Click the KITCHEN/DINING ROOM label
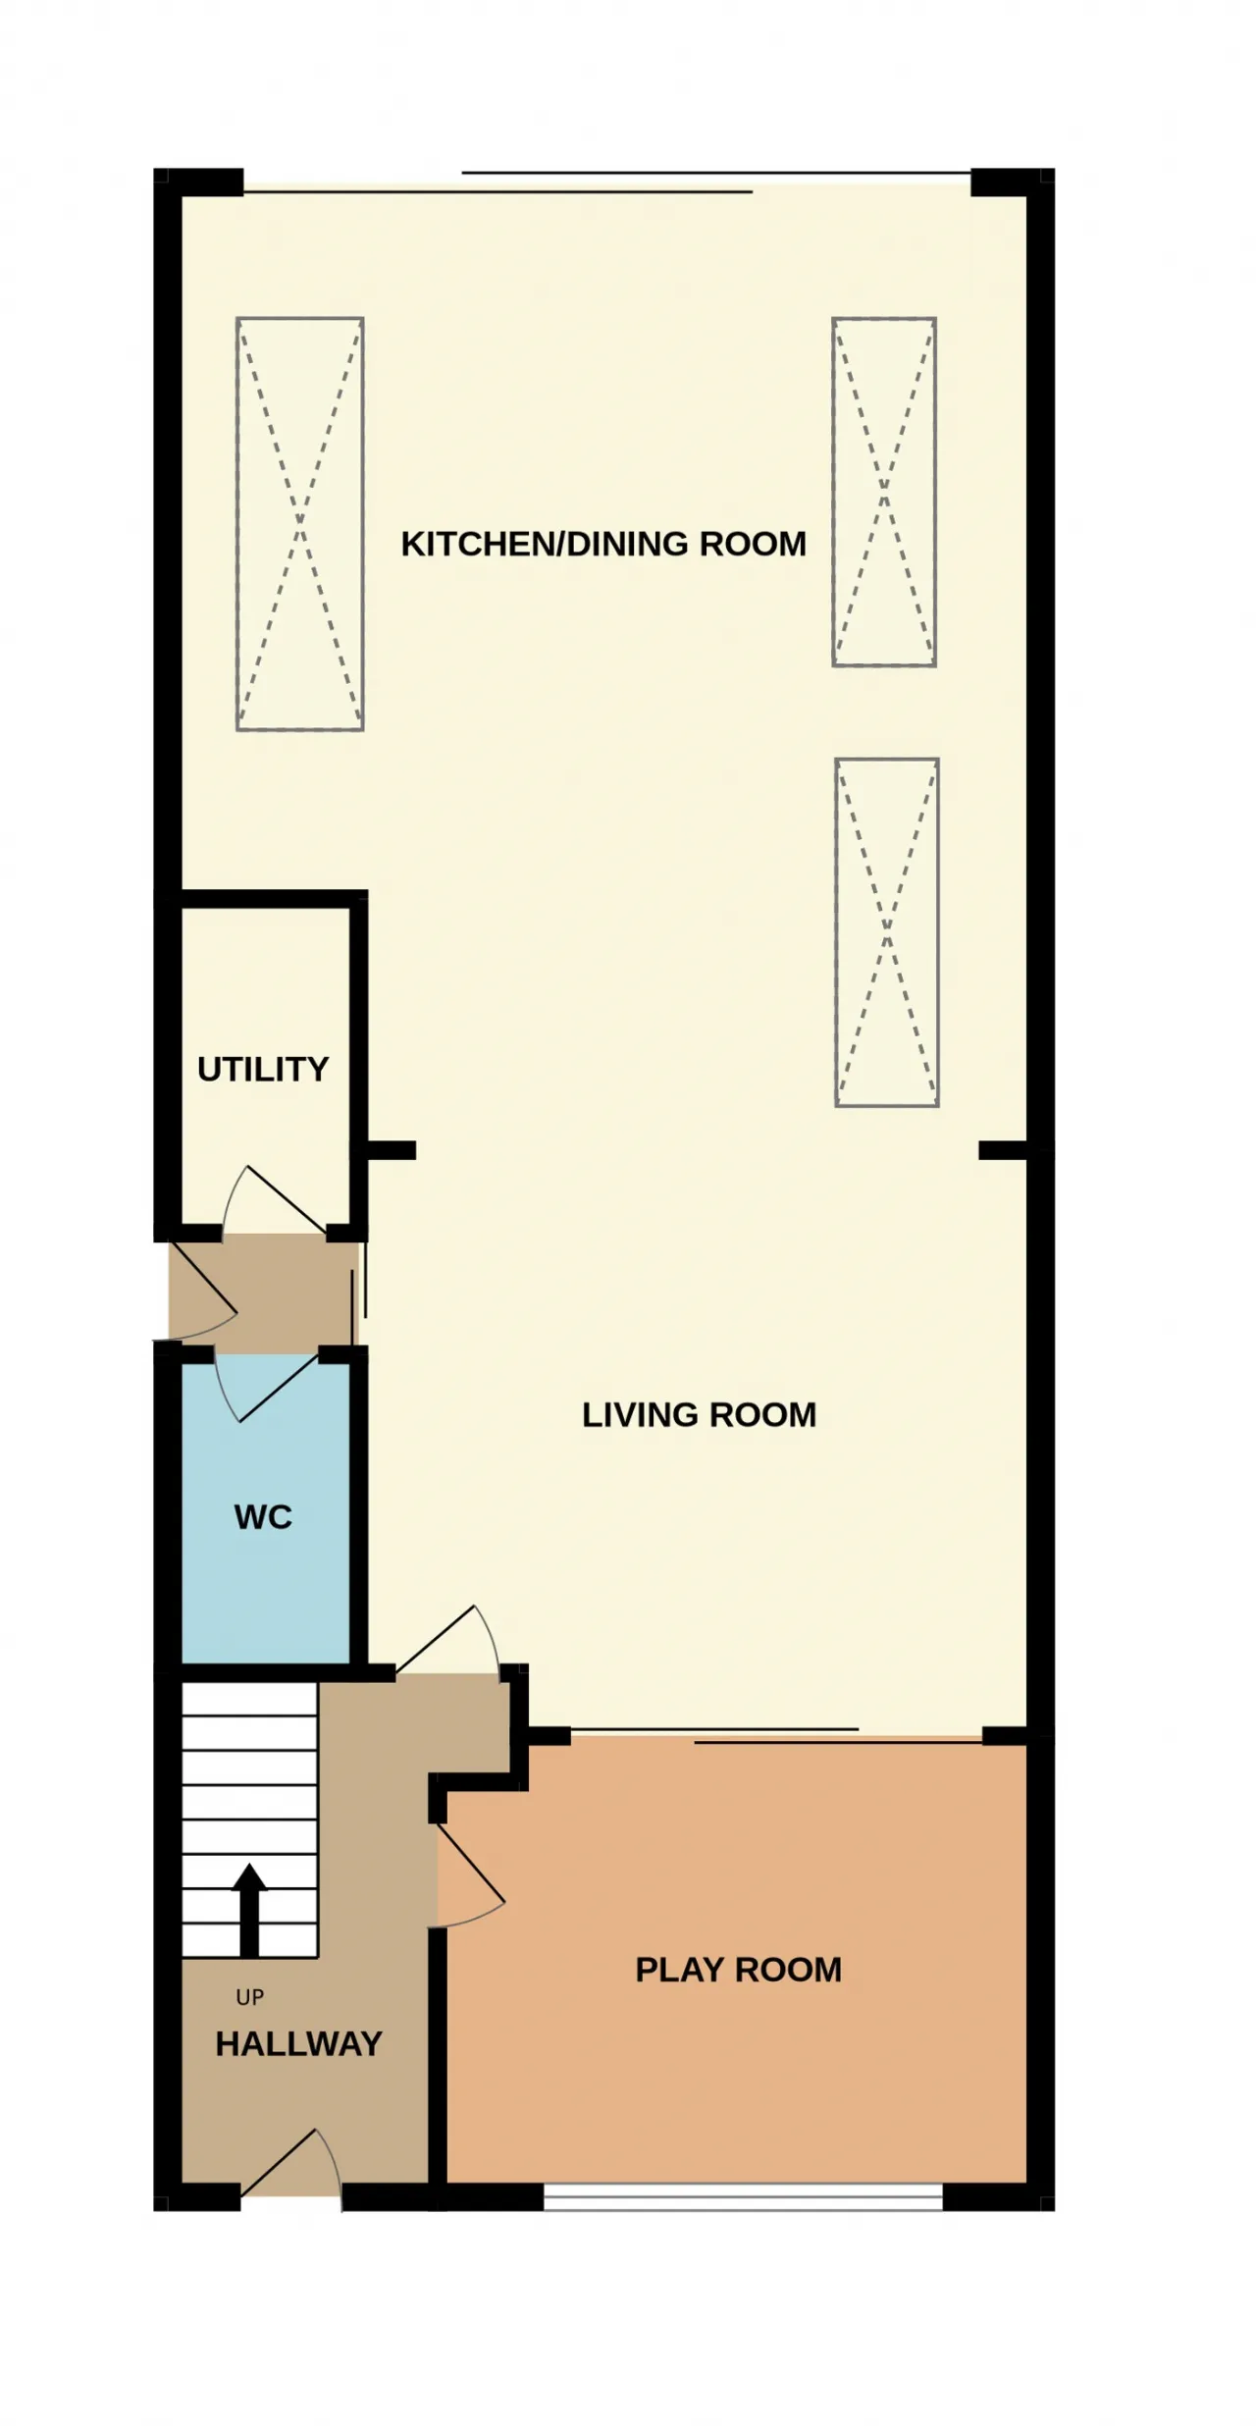point(603,544)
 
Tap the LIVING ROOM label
point(700,1414)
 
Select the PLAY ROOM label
point(739,1970)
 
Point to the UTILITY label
point(263,1069)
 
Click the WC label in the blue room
point(263,1516)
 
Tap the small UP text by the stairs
point(250,1997)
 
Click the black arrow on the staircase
point(249,1910)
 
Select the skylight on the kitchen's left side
point(300,524)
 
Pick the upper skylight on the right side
point(884,493)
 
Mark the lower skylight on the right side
point(887,932)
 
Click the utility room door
point(275,1201)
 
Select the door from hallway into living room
point(448,1640)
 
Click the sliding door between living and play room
point(775,1736)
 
